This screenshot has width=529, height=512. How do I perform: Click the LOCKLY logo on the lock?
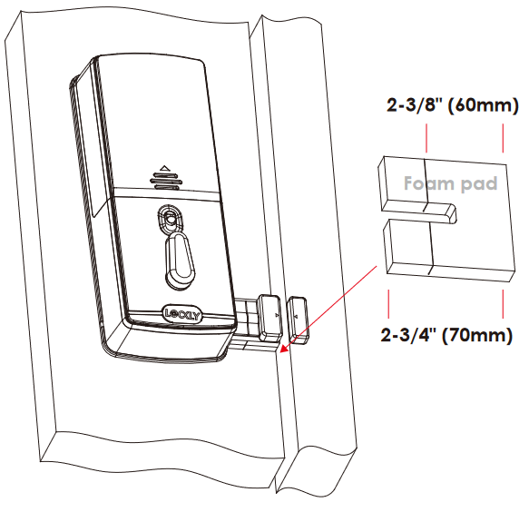coord(182,314)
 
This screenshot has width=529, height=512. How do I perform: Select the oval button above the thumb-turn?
coord(170,218)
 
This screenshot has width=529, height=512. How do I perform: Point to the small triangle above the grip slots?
coord(164,168)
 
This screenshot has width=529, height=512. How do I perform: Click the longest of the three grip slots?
coord(166,182)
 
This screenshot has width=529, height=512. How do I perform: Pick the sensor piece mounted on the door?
coord(269,318)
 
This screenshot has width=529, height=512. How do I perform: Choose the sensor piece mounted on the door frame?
coord(298,320)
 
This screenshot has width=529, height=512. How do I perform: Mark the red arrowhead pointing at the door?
coord(284,349)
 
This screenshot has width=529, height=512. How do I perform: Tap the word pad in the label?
coord(479,184)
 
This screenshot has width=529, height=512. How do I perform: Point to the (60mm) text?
coord(483,105)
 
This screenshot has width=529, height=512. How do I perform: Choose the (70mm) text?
coord(477,335)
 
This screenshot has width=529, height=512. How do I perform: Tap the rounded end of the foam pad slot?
coord(453,214)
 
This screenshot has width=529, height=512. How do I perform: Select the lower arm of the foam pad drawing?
coord(449,250)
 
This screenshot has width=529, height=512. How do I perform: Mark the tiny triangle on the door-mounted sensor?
coord(277,315)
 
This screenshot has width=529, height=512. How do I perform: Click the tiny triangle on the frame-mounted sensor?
coord(296,317)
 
